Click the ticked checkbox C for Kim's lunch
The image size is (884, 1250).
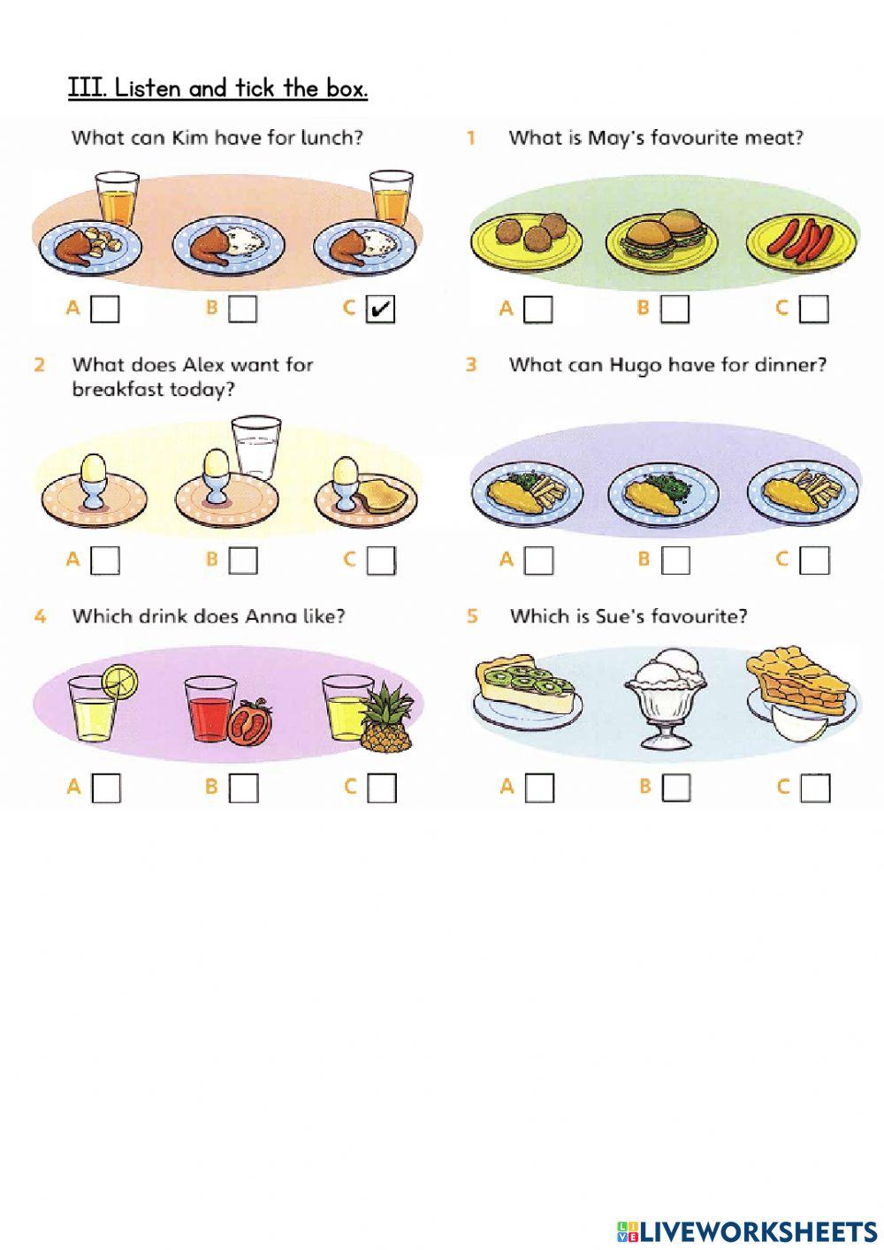click(380, 309)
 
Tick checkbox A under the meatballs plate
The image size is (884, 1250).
click(537, 309)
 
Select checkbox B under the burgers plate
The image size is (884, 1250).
click(675, 309)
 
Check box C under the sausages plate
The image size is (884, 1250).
click(814, 309)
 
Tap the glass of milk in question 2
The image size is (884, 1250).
click(255, 448)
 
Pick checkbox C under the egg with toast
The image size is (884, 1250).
click(381, 560)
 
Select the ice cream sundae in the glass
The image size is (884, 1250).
click(668, 698)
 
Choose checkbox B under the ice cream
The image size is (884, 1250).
click(675, 787)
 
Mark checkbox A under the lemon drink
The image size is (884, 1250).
click(105, 787)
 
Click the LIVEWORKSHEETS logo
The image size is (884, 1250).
click(747, 1231)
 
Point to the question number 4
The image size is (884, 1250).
click(40, 616)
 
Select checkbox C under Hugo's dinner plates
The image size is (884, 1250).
click(814, 560)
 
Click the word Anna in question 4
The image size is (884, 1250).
click(272, 616)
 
